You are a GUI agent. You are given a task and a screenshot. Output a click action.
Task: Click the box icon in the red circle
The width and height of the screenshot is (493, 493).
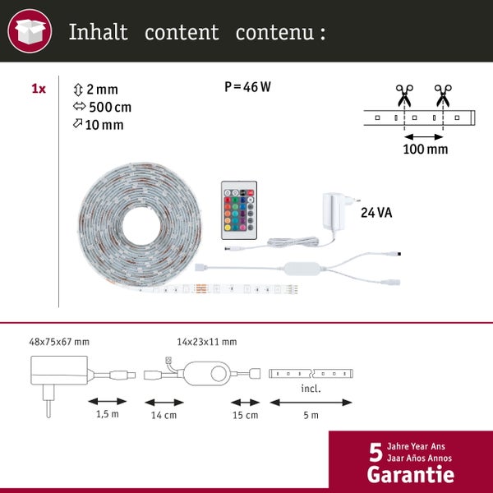(x=30, y=32)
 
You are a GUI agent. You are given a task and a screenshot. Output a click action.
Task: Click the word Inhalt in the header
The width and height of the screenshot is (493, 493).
(x=98, y=32)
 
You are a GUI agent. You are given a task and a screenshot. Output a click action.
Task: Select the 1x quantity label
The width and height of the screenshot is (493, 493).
(x=39, y=89)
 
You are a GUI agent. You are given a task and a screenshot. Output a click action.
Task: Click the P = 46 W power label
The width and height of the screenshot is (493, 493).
(x=247, y=87)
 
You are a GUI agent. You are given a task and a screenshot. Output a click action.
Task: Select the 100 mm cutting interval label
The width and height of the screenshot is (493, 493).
(x=425, y=149)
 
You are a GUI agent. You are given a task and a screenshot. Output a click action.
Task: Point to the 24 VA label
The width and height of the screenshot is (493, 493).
(x=377, y=213)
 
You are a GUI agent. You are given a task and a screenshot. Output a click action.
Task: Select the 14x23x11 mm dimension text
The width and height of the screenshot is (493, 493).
(x=206, y=341)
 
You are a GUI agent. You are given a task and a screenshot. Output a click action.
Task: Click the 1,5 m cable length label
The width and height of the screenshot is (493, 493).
(x=107, y=414)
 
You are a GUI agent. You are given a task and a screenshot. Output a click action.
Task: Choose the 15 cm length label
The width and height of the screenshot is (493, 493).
(x=246, y=414)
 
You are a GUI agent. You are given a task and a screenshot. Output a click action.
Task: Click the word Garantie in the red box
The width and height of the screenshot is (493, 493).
(x=410, y=474)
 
